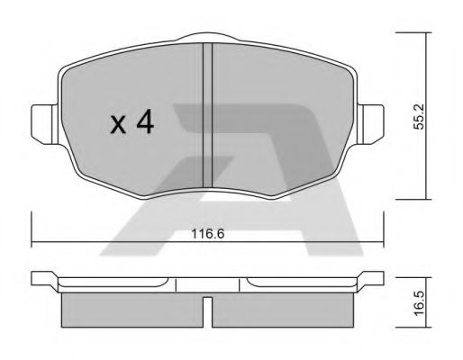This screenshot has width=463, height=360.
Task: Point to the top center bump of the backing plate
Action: [207, 38]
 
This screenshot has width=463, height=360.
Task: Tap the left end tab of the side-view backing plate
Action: [41, 278]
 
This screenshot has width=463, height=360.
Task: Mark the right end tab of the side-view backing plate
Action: [372, 278]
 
